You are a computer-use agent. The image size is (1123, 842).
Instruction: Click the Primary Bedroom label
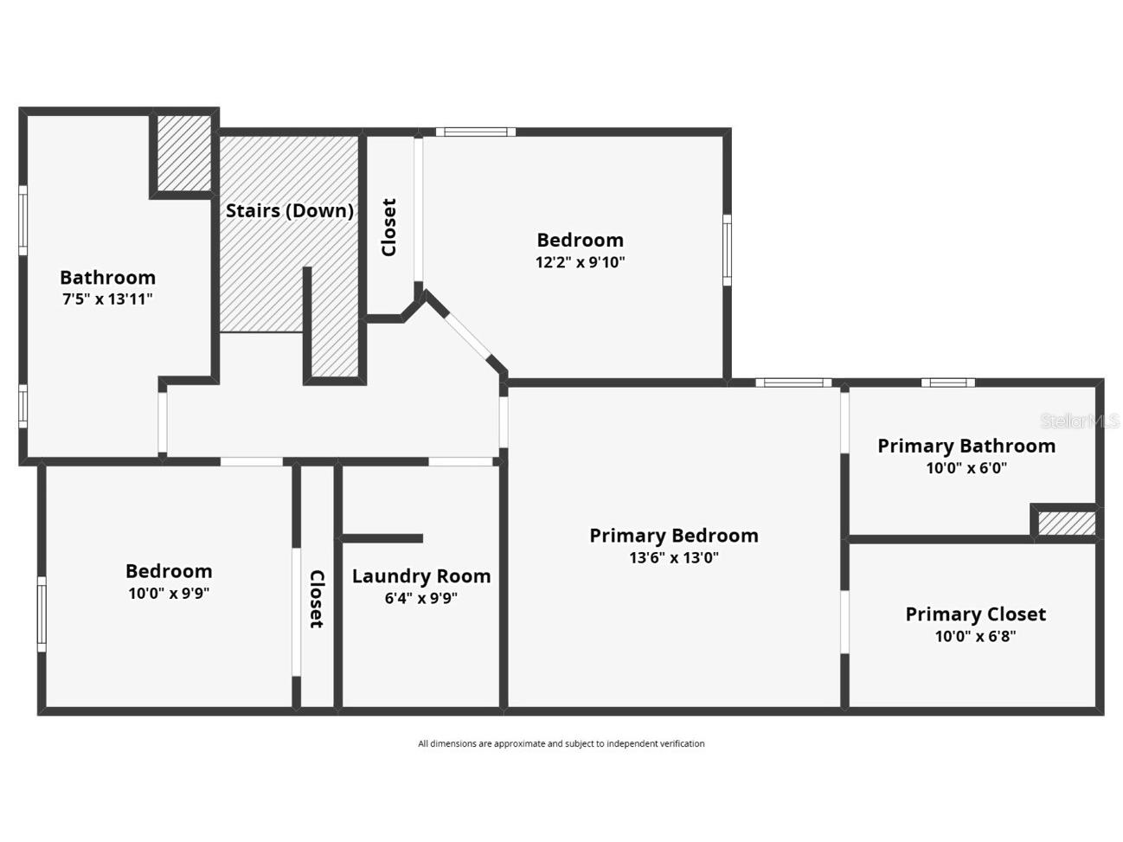point(673,536)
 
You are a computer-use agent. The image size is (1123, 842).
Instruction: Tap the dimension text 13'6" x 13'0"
point(673,558)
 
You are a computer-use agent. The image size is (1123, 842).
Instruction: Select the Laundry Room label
point(421,576)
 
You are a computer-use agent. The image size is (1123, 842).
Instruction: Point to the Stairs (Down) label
point(289,211)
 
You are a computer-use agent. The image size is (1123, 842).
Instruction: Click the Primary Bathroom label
point(966,446)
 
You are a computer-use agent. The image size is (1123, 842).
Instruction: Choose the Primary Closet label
point(975,614)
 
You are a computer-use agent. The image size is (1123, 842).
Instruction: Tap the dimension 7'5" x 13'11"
point(107,299)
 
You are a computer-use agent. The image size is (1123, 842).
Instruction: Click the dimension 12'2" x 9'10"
point(580,262)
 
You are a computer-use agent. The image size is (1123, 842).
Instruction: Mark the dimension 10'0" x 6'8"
point(975,637)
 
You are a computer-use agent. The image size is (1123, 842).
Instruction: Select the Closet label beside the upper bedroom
point(389,228)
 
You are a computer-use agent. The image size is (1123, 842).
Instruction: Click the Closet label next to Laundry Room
point(317,599)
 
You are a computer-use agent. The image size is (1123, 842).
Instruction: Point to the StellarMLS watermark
point(1079,421)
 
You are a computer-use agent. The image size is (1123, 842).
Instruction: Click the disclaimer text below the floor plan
point(561,743)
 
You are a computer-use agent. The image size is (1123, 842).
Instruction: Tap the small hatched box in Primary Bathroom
point(1066,524)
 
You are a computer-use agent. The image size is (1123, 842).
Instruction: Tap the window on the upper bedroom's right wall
point(727,250)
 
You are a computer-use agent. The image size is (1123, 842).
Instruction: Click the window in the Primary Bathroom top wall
point(947,382)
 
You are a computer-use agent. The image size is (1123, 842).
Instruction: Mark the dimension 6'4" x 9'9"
point(421,598)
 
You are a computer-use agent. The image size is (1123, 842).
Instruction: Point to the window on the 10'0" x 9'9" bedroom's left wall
point(41,614)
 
